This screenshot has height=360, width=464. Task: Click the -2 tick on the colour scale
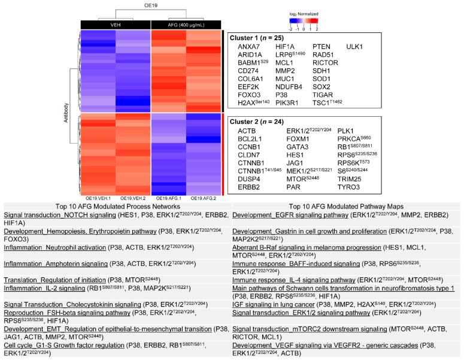(x=290, y=28)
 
